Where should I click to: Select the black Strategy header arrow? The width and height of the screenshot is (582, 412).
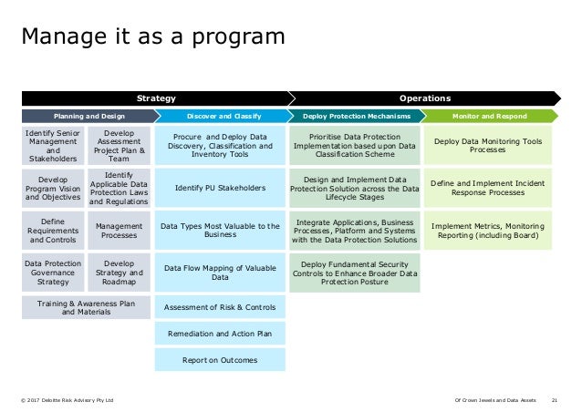[156, 98]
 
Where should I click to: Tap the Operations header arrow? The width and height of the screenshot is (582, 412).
[424, 98]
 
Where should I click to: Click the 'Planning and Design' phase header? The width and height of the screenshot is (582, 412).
[88, 117]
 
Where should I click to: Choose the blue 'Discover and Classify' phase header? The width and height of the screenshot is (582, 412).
[220, 117]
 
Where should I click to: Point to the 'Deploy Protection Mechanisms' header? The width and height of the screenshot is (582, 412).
[355, 117]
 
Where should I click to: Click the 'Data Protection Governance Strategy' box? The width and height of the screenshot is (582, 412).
[52, 271]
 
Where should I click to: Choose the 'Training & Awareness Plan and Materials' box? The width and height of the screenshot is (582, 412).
[86, 308]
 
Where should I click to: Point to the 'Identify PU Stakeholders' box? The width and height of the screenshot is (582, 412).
[220, 189]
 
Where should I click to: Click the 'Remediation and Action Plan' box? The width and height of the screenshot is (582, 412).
[220, 334]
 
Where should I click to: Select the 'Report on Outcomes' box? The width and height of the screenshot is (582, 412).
[220, 360]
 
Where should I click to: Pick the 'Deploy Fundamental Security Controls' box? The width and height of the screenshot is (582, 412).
[355, 271]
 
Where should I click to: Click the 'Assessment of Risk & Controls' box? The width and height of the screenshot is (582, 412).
[220, 307]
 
